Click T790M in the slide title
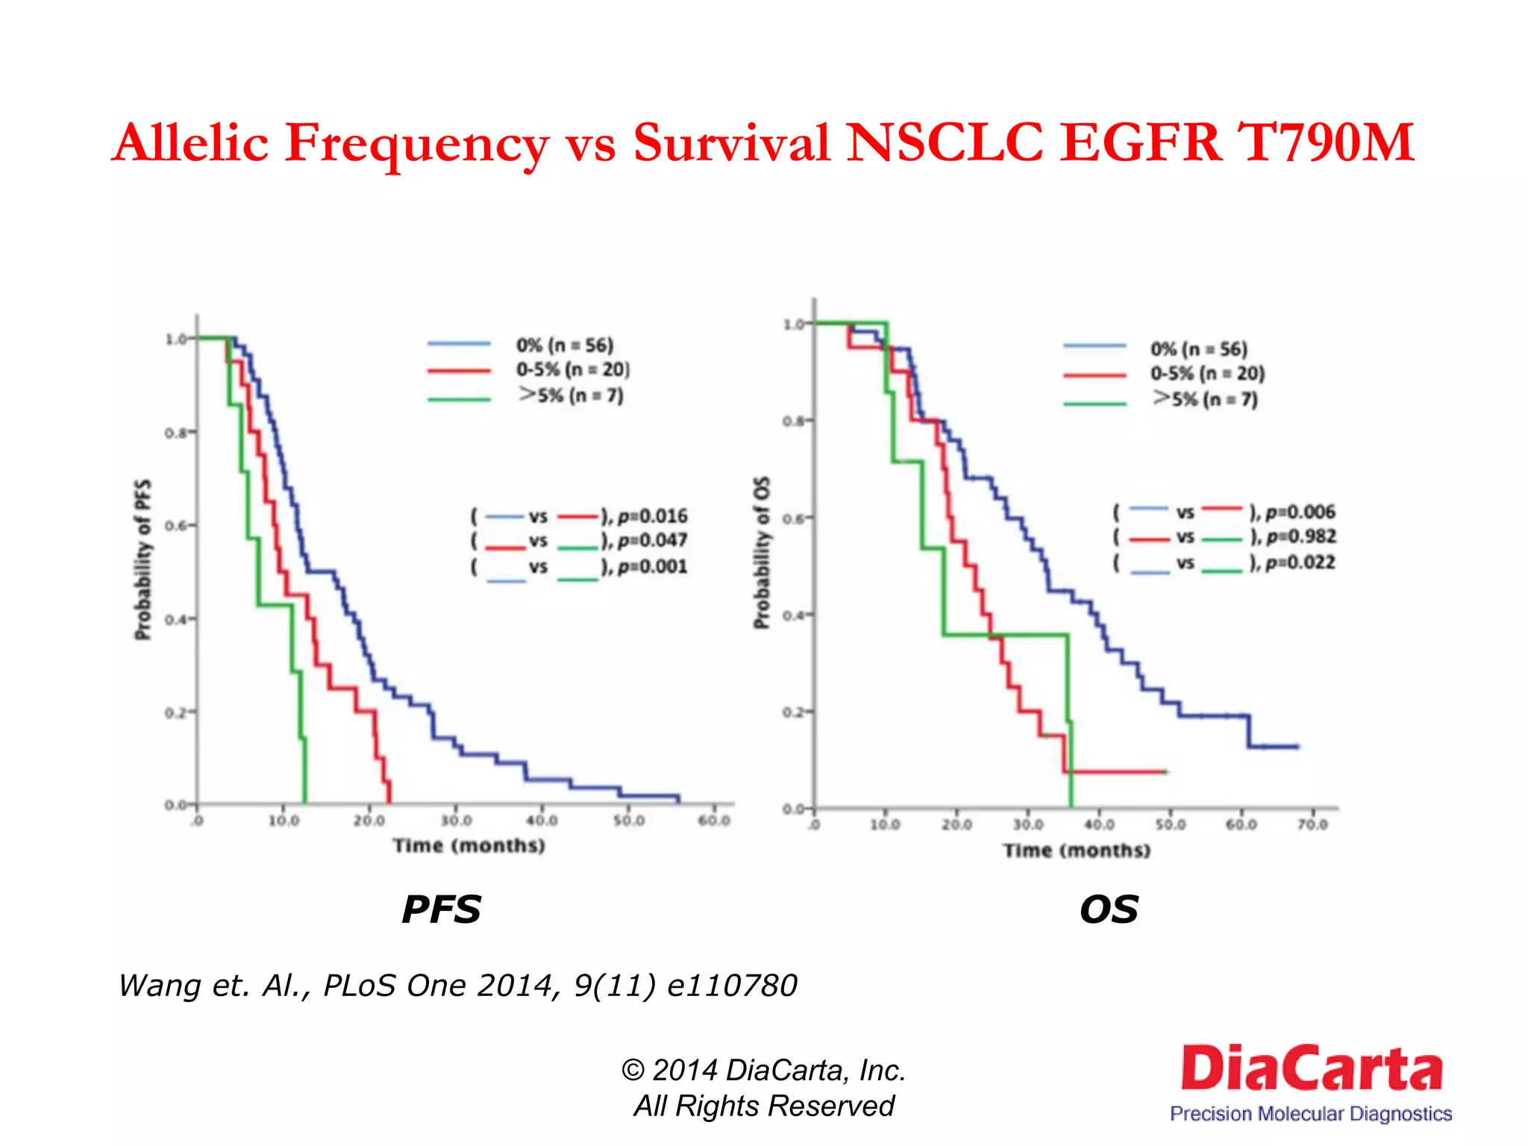pos(1325,143)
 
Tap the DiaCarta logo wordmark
pos(1311,1068)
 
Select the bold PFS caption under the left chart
pos(442,909)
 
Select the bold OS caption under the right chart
pos(1109,909)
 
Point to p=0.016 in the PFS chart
pos(652,516)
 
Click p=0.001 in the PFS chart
pos(652,567)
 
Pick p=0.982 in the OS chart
pos(1300,536)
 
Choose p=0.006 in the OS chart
pos(1300,512)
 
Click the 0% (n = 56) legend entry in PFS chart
pos(564,345)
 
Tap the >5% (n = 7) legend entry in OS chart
pos(1205,399)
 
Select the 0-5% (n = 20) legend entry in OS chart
pos(1207,373)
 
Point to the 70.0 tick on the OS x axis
pos(1312,824)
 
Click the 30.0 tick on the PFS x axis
pos(456,821)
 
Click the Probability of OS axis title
pos(761,552)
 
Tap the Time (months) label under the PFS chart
pos(469,845)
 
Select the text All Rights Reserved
pos(764,1106)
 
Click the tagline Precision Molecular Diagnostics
pos(1311,1114)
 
